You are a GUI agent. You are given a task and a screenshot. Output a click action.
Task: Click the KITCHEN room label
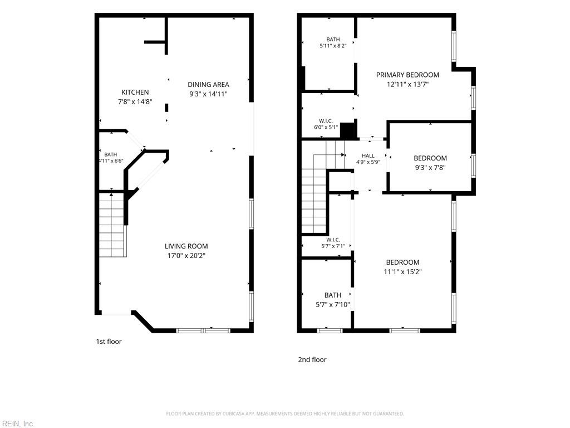click(135, 93)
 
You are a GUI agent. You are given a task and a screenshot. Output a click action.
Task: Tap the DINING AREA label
click(208, 85)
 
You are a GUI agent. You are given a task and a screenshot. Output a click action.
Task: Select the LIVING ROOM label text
click(186, 246)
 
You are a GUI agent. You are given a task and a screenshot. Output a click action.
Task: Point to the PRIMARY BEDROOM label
click(407, 75)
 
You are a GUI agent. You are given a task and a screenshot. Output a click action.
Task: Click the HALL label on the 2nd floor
click(368, 156)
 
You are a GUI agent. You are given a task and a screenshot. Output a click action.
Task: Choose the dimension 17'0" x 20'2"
click(186, 255)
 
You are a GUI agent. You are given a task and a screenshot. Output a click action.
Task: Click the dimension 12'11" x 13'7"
click(407, 85)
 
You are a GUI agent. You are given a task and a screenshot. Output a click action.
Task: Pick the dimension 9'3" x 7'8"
click(430, 168)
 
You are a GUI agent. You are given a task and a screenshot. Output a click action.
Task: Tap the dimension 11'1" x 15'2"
click(402, 271)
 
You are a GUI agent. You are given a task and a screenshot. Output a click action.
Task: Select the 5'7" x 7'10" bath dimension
click(333, 305)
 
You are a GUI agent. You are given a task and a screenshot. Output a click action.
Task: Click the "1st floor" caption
click(109, 342)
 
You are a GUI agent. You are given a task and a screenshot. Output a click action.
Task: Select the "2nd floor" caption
click(312, 359)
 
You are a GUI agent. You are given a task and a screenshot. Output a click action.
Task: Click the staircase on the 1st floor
click(112, 225)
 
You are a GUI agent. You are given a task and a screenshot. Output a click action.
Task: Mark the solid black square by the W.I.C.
click(347, 130)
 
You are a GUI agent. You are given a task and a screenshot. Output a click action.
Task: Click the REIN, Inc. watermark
click(17, 424)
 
